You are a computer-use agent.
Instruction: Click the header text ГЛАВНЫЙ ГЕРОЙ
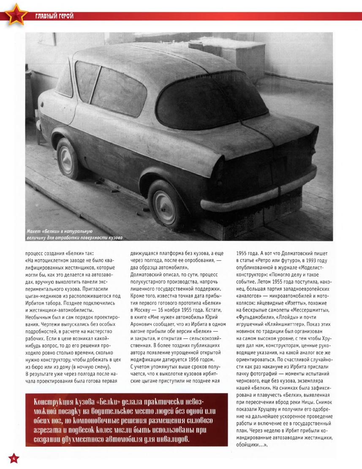[52, 16]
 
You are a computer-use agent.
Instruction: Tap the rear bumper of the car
[257, 192]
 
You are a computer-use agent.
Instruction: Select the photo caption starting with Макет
[72, 234]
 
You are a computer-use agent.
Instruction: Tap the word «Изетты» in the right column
[299, 298]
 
